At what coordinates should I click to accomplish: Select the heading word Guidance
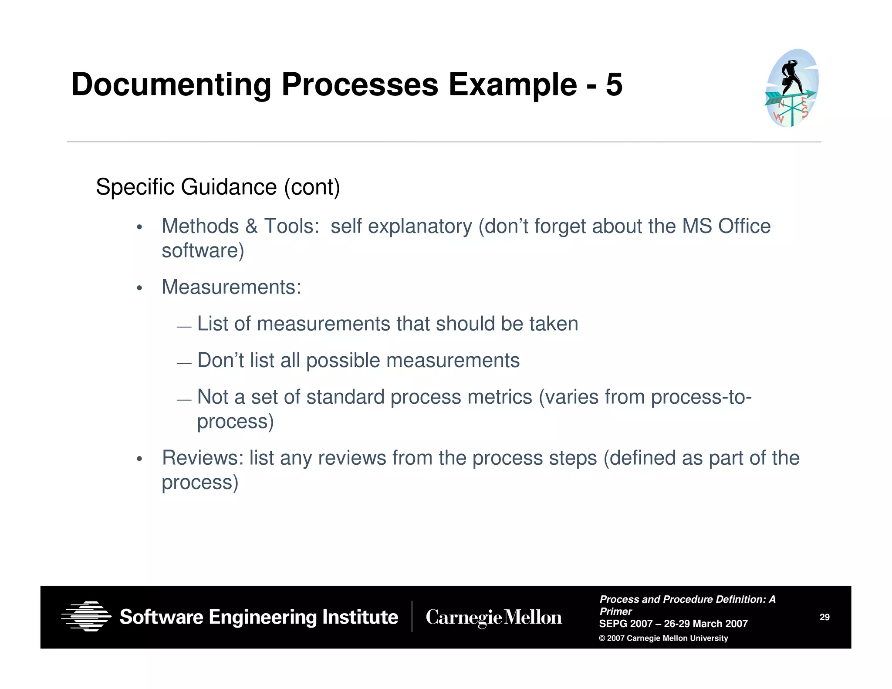(229, 187)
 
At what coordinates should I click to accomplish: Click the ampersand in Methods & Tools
(251, 226)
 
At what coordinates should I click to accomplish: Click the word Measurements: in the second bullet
(231, 287)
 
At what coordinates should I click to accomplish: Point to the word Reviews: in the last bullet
(203, 458)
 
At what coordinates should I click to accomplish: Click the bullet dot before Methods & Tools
(139, 227)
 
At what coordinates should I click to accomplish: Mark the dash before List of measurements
(184, 327)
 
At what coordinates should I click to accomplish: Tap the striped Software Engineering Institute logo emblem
(86, 616)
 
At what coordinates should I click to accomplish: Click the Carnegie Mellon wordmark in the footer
(493, 617)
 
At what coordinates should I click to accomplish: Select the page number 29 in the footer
(824, 617)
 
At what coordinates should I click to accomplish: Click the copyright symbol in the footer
(602, 638)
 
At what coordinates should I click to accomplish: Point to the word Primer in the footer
(615, 611)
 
